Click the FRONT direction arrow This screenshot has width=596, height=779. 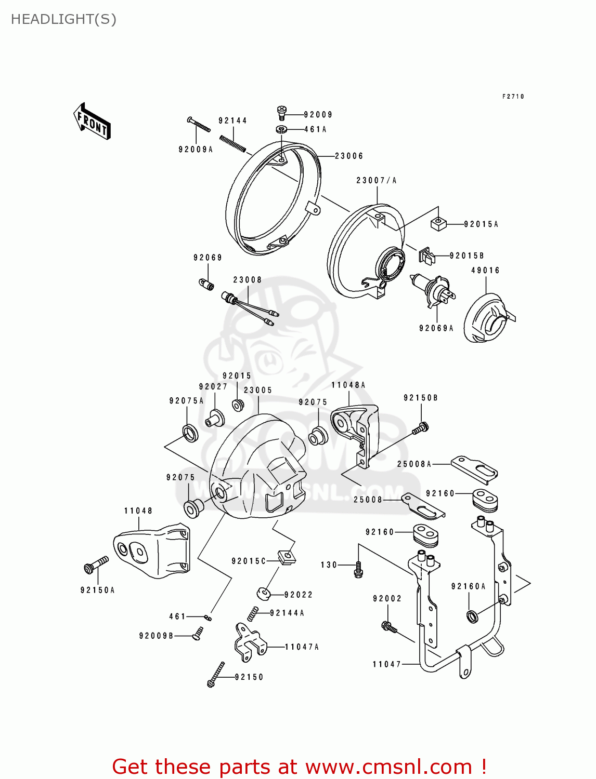92,121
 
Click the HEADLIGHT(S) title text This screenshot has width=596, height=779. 63,19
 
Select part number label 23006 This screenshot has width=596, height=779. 349,156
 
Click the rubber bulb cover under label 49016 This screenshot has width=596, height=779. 487,318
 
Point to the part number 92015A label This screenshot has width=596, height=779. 481,224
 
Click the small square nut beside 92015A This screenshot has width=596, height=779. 438,224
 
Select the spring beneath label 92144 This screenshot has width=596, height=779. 232,144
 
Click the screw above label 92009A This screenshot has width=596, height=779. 199,125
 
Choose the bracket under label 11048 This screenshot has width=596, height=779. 152,552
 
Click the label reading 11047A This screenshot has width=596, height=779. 302,647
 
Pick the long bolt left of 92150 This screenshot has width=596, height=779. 216,675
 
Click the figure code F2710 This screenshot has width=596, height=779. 513,97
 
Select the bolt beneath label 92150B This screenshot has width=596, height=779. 420,429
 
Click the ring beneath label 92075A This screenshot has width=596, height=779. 190,433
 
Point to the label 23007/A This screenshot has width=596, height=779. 376,181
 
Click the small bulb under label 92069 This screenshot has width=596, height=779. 206,284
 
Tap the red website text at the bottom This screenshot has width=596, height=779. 299,767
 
